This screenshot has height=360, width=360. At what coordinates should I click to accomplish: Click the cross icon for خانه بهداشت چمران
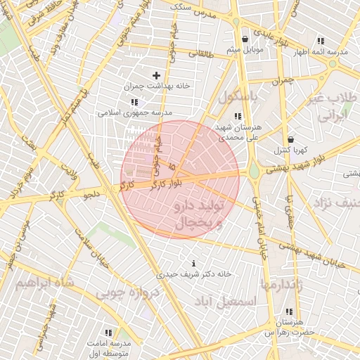pyautogui.click(x=156, y=75)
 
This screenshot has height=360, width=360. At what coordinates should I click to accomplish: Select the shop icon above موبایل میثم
pyautogui.click(x=244, y=39)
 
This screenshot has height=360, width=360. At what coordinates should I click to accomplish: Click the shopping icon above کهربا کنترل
pyautogui.click(x=290, y=139)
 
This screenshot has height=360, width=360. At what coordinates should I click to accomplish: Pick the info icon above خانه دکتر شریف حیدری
pyautogui.click(x=193, y=264)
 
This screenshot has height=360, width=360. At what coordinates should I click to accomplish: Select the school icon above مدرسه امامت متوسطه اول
pyautogui.click(x=108, y=332)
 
